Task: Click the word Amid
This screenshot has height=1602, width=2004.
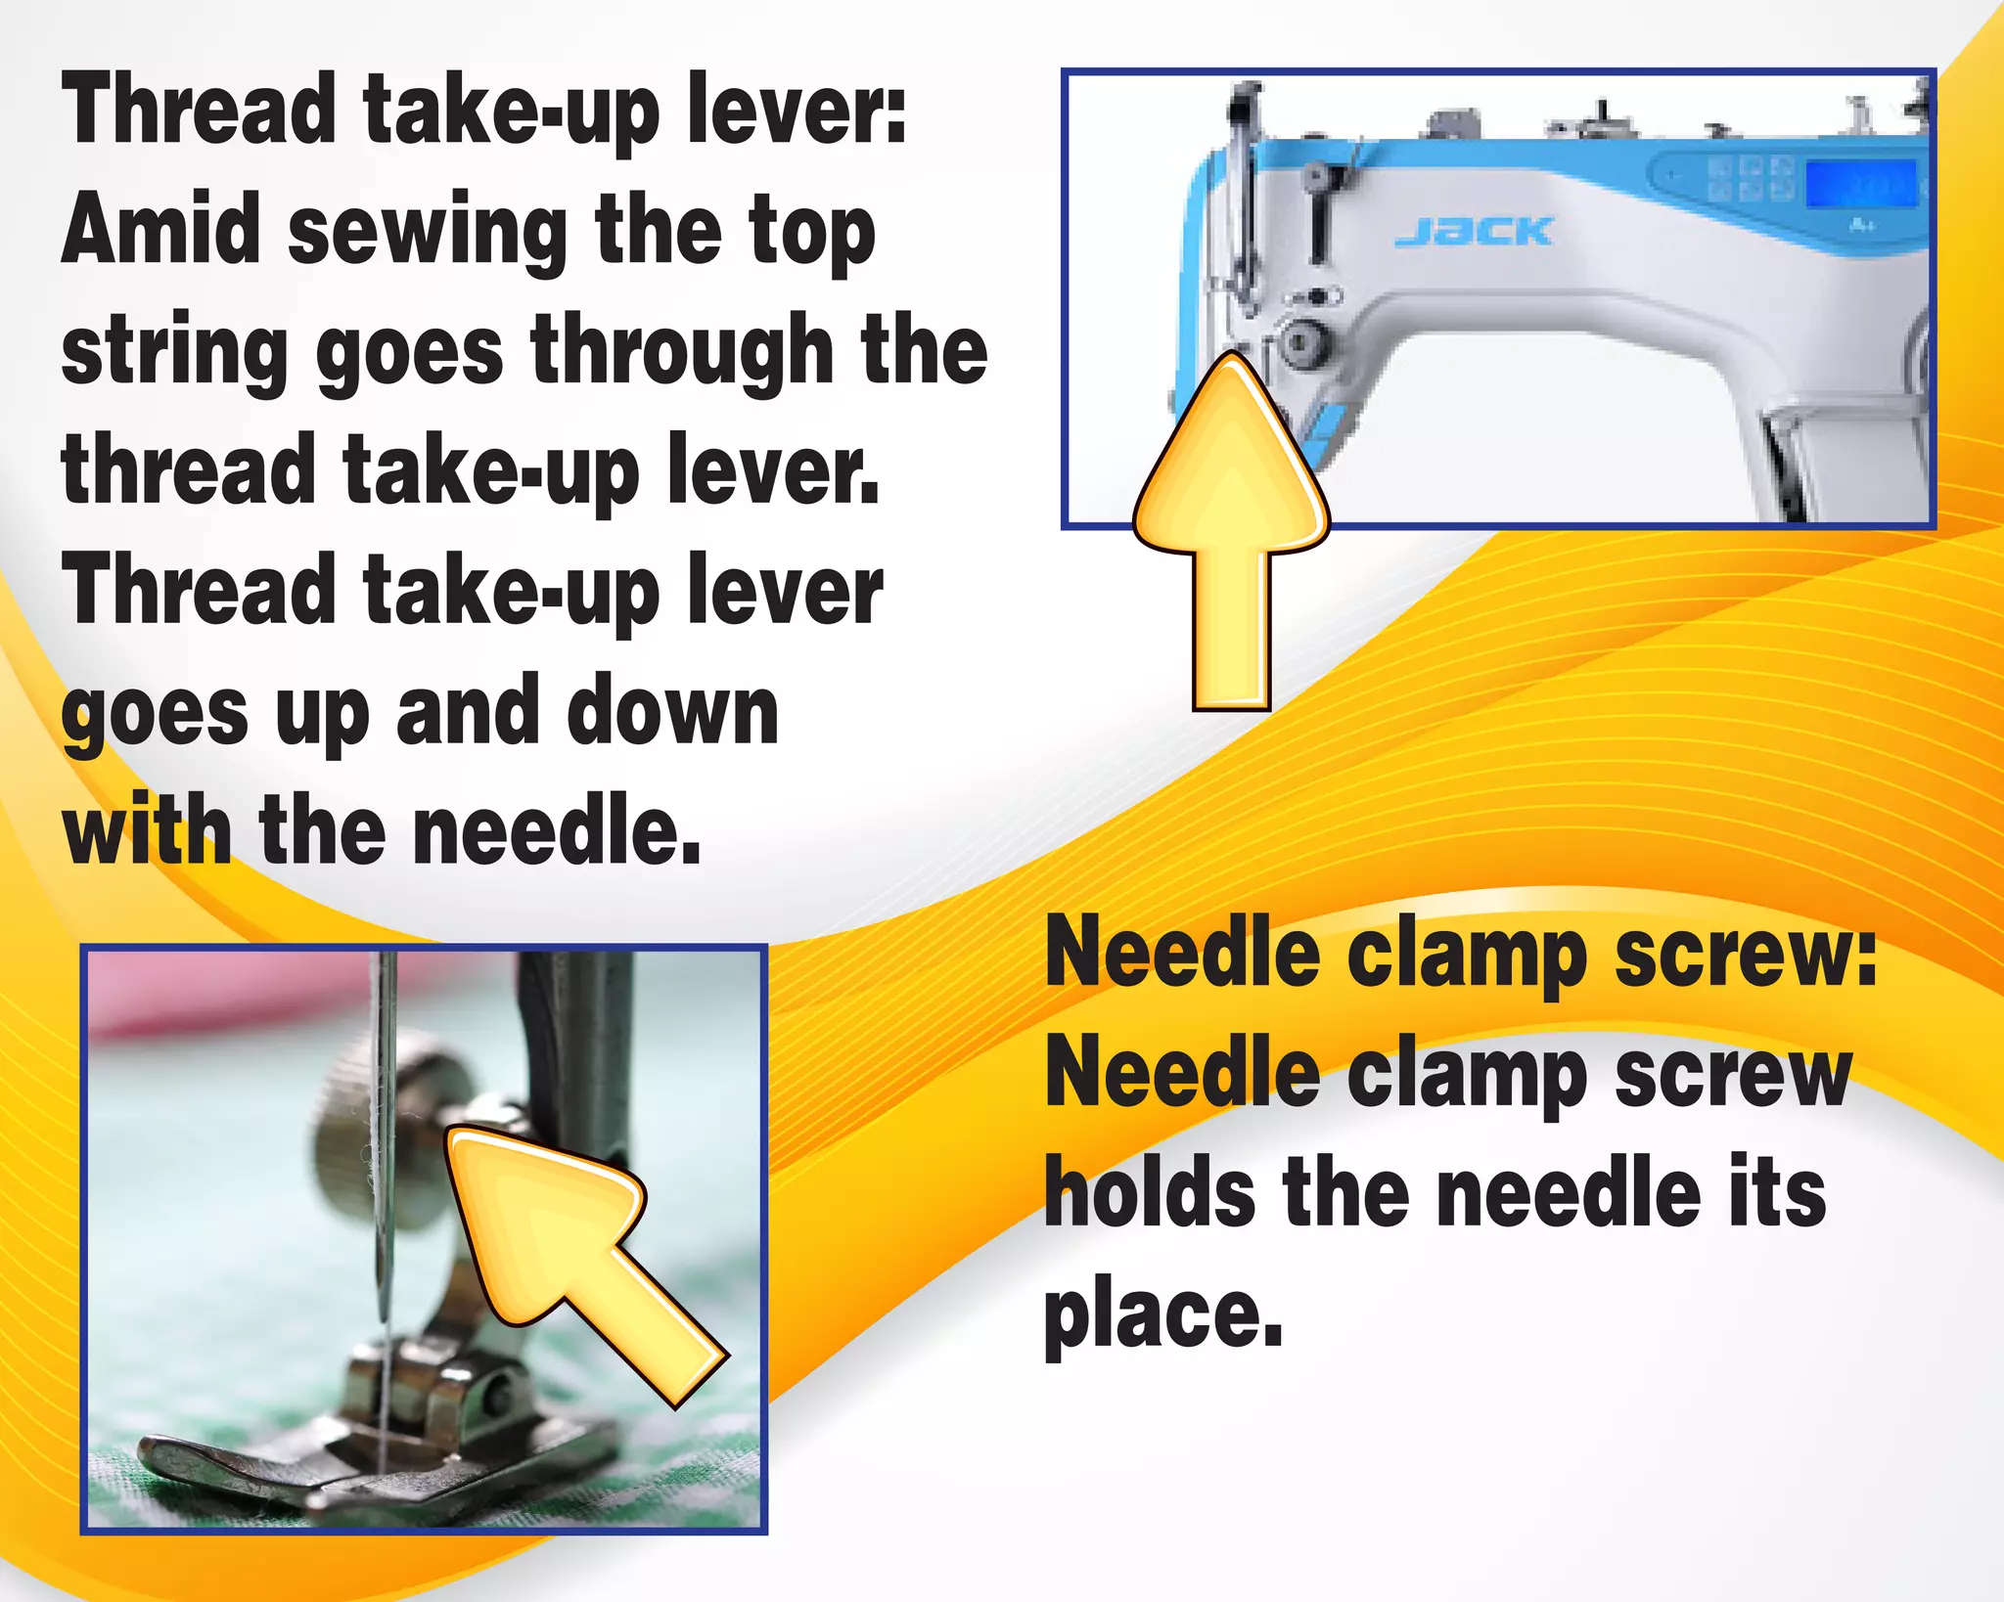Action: [x=160, y=230]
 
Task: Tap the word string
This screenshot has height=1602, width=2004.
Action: [x=173, y=354]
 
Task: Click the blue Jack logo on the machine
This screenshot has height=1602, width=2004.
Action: [x=1474, y=232]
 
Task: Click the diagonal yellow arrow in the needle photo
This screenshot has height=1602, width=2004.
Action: [x=577, y=1252]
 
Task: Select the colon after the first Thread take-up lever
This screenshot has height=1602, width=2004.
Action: [x=897, y=115]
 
